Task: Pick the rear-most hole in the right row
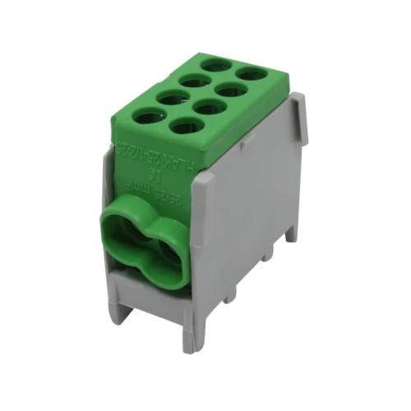(x=252, y=73)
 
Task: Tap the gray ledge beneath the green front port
(x=148, y=284)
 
